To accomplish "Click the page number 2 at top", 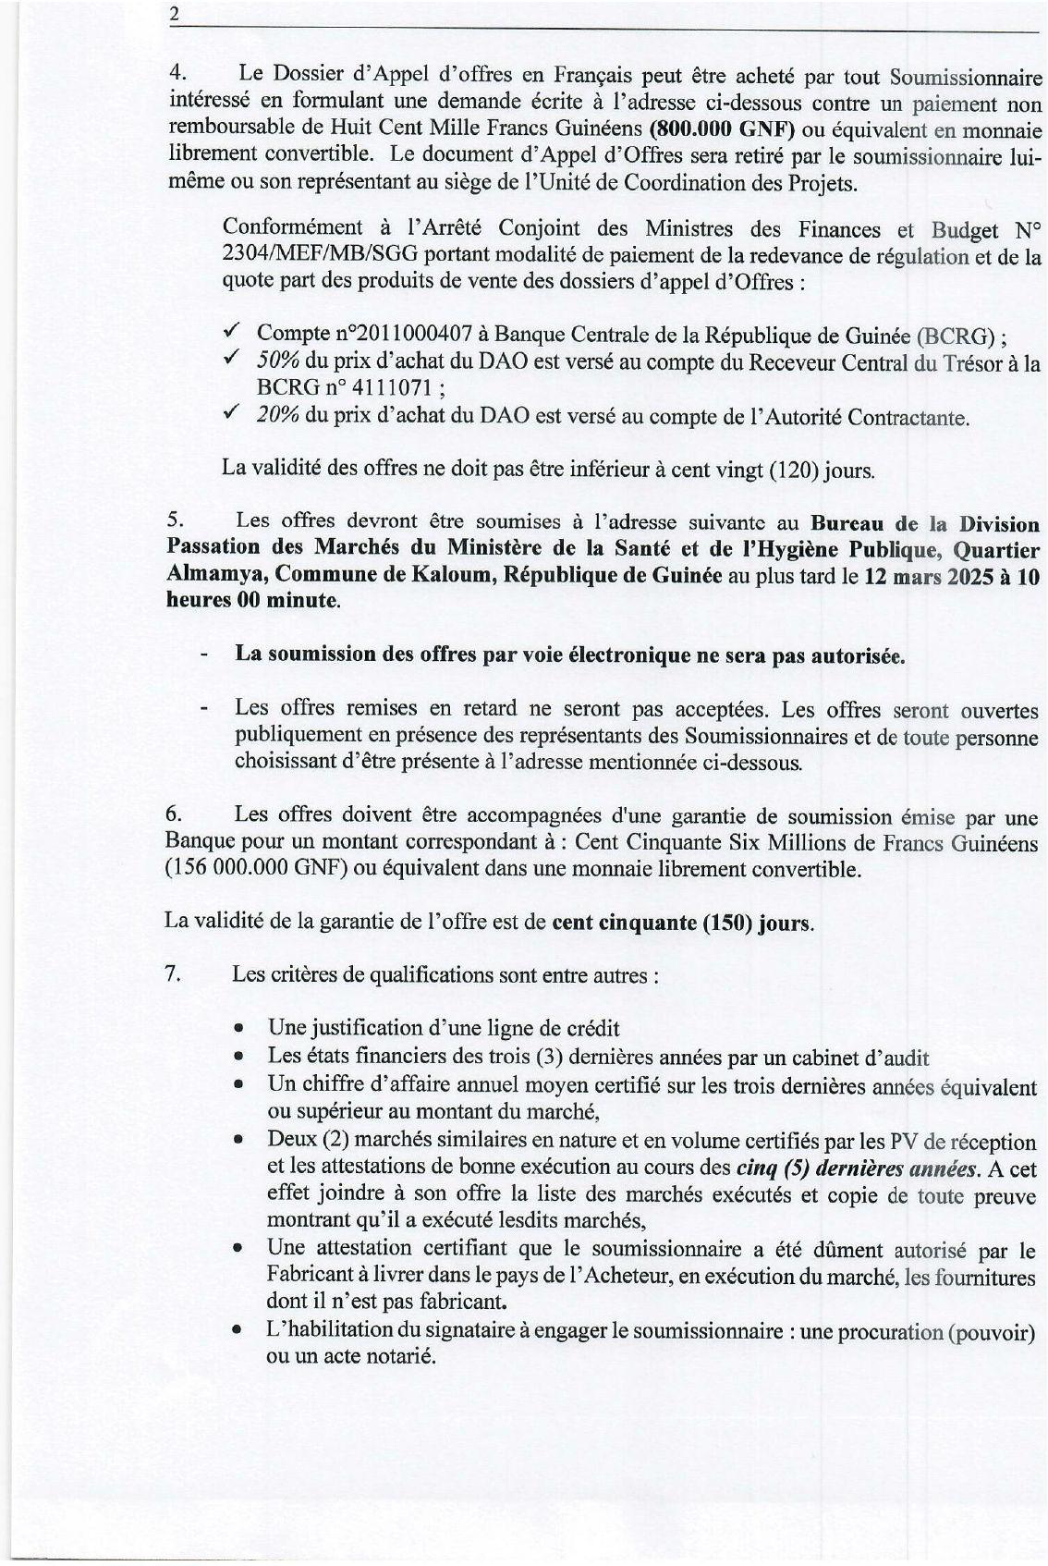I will point(173,16).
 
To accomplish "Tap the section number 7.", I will point(171,973).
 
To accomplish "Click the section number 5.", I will point(171,522).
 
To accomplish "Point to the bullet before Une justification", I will point(239,1029).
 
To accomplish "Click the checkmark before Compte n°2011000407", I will point(233,332).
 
